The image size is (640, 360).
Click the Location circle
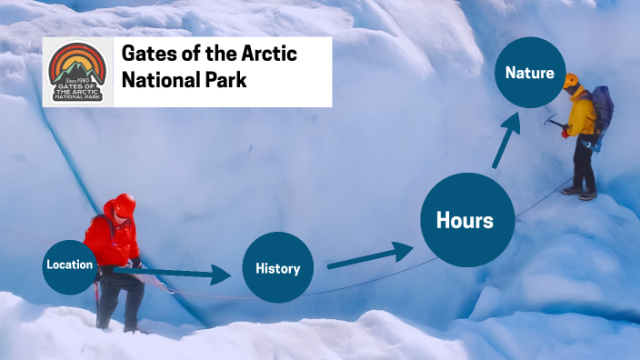[69, 265]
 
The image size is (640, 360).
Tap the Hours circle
[465, 220]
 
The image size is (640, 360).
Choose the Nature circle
[530, 73]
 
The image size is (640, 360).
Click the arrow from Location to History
[173, 272]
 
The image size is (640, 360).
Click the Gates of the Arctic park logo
[77, 72]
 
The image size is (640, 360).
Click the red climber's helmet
[125, 204]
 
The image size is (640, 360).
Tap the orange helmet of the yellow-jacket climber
[571, 81]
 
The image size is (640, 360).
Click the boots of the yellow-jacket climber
[579, 193]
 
